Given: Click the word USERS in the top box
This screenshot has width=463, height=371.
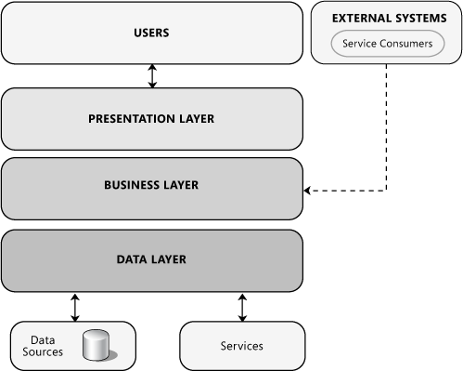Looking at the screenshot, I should tap(151, 33).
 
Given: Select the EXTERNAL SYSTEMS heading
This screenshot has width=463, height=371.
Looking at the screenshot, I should tap(382, 18).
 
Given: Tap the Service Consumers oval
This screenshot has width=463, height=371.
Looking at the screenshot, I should tap(387, 44).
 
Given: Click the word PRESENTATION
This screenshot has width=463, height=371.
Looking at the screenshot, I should tap(128, 119).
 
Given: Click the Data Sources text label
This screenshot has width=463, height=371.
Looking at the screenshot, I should tap(43, 346).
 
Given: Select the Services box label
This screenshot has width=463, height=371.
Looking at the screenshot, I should tap(241, 346).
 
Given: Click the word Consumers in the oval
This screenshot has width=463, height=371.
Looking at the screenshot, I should tap(405, 44).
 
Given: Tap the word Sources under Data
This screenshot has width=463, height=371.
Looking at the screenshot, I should tap(43, 352).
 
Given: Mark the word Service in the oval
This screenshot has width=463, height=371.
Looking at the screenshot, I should tap(360, 44).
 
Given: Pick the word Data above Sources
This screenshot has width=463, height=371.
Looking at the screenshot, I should tap(43, 340).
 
